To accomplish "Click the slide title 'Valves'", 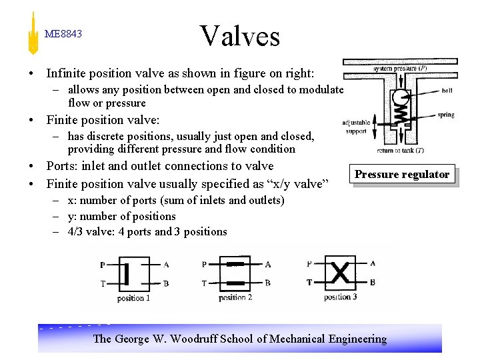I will [x=240, y=36].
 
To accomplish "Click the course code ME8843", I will [x=63, y=34].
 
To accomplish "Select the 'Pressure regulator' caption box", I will [x=402, y=175].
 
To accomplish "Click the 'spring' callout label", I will [x=445, y=115].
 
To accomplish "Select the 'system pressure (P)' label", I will [x=401, y=68].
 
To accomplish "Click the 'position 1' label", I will [x=134, y=298].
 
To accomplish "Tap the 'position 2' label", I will [x=235, y=297].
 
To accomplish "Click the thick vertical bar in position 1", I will [x=126, y=273].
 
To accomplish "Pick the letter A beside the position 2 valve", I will [x=267, y=265].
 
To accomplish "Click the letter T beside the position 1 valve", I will [x=103, y=283].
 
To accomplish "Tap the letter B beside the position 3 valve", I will [x=372, y=282].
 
